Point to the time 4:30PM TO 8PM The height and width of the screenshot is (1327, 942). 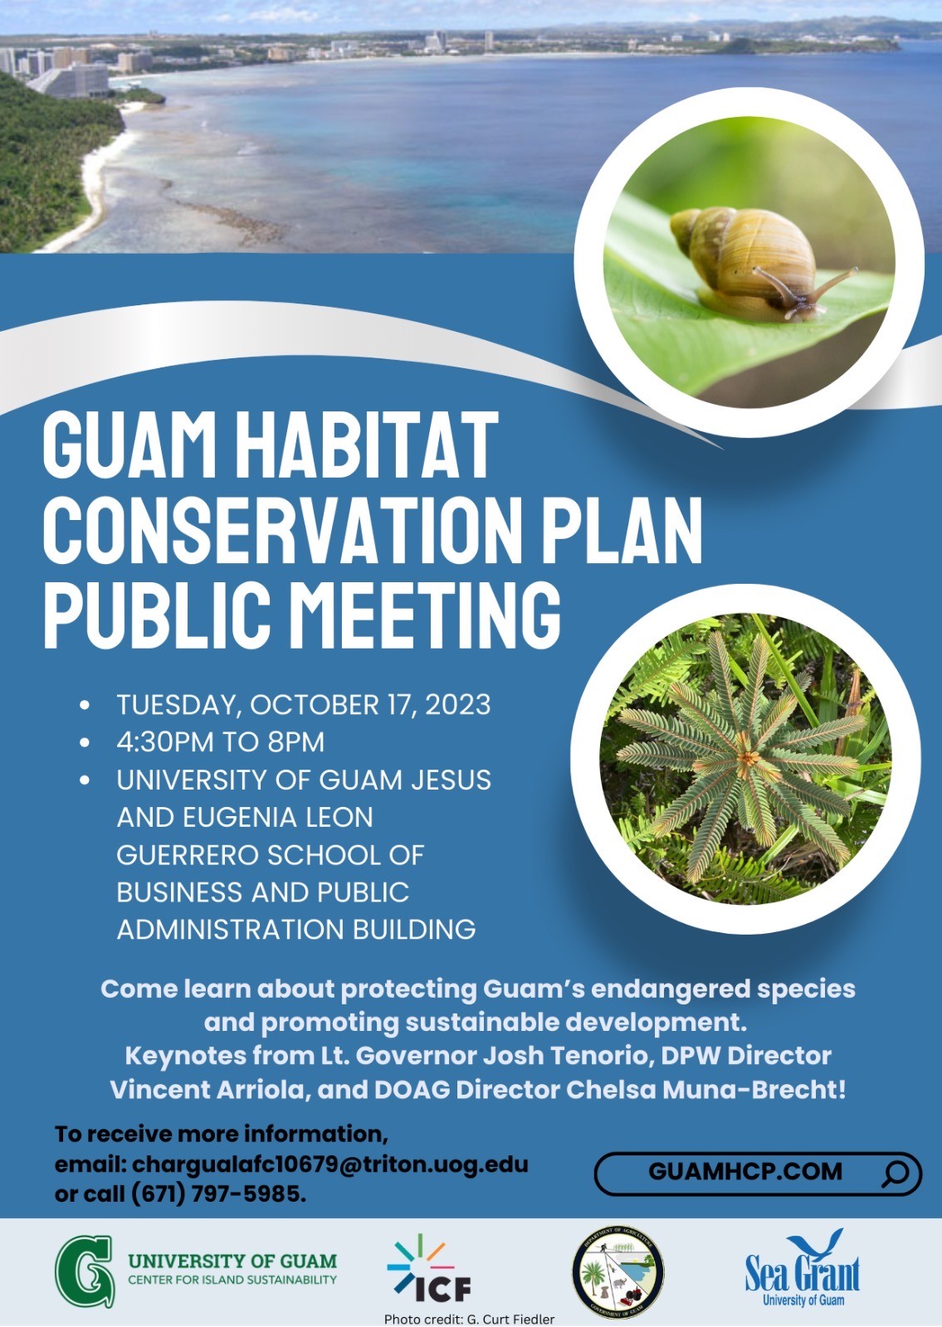(x=221, y=742)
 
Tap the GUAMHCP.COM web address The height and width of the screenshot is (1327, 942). (x=745, y=1172)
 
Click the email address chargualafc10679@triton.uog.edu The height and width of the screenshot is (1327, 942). (x=329, y=1165)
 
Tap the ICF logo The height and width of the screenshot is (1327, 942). (x=428, y=1271)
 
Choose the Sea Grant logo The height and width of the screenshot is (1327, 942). (x=802, y=1269)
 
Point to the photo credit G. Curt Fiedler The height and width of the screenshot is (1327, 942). (x=469, y=1320)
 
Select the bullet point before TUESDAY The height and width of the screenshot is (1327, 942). (x=85, y=705)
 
